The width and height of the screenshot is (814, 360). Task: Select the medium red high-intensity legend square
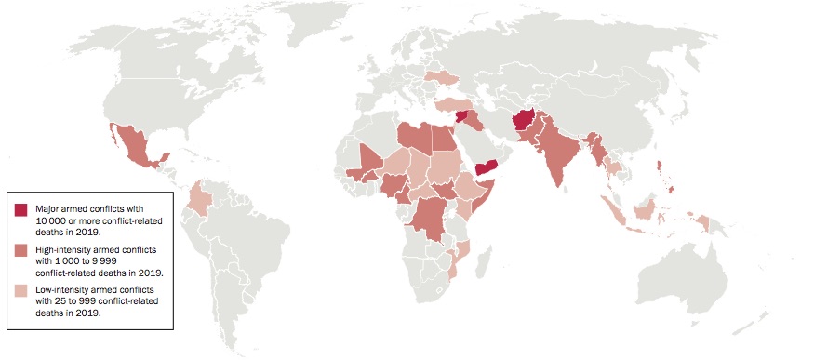(x=20, y=252)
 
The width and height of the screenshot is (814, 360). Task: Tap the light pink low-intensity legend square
(x=20, y=292)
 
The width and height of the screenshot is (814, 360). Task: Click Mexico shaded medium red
(x=140, y=151)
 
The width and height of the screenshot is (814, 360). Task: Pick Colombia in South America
(x=201, y=199)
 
